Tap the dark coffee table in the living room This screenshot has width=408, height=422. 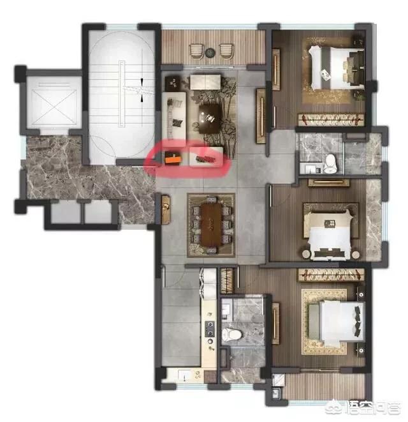210,118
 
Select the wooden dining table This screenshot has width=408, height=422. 212,225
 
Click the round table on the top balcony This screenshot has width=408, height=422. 210,52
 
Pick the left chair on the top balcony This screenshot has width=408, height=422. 196,51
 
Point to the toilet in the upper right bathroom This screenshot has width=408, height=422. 330,163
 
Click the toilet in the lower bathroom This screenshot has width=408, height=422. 231,335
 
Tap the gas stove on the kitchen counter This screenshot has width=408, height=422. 210,329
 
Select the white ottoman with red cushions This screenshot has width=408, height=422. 206,157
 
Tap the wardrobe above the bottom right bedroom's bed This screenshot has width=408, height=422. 331,275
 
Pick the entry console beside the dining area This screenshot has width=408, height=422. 166,209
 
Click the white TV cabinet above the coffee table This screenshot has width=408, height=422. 205,82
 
